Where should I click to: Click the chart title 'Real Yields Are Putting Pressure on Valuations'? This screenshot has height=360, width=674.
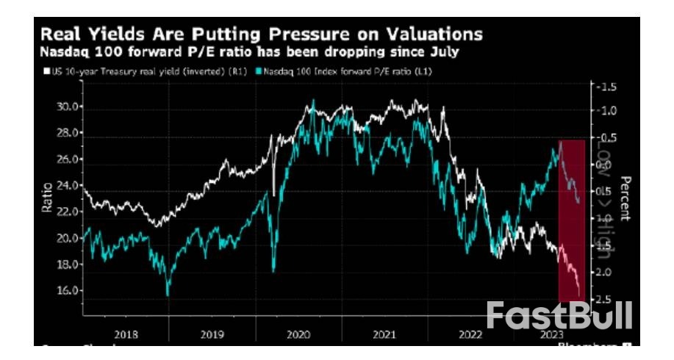[261, 34]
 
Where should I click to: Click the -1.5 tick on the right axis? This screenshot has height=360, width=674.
[607, 87]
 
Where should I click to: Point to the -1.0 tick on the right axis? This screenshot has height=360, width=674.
[607, 111]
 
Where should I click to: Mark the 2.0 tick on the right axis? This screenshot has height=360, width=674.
[607, 273]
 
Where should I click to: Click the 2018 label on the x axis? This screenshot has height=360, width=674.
[126, 334]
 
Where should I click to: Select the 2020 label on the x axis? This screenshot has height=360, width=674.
[300, 334]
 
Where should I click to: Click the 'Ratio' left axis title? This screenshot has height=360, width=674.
[46, 197]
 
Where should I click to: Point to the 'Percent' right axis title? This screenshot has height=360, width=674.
[625, 198]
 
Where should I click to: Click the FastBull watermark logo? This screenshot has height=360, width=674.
[559, 315]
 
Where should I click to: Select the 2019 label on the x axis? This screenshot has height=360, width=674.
[212, 334]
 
